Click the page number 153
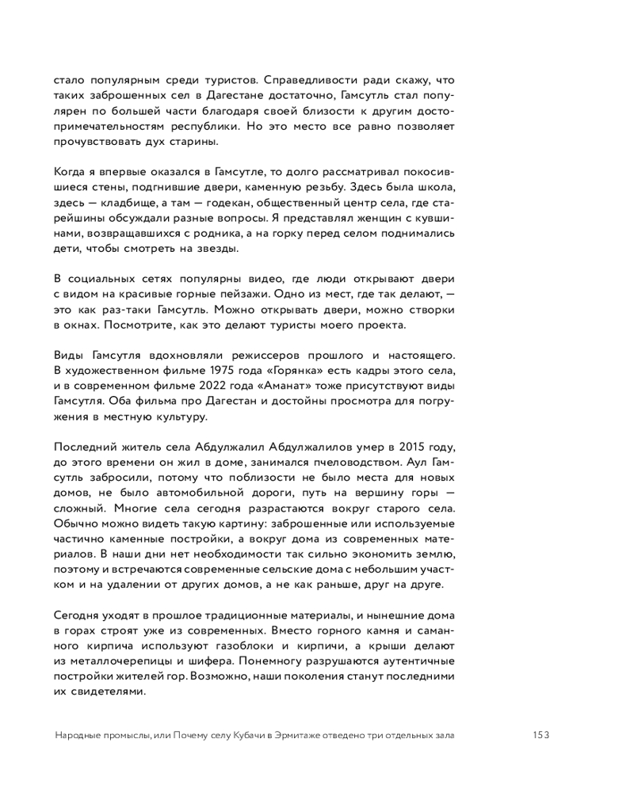click(541, 734)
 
